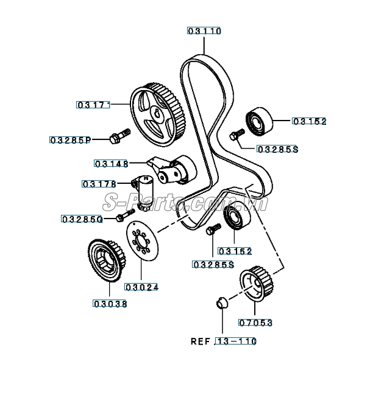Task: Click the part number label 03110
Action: (x=204, y=30)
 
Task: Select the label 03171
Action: (x=93, y=105)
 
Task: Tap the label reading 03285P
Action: (x=69, y=140)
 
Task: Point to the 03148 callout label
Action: (x=111, y=163)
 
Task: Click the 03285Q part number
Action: (x=81, y=219)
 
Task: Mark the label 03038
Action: (x=110, y=303)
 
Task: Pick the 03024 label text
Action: (x=142, y=286)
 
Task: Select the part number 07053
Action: (x=255, y=323)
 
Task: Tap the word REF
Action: (x=200, y=342)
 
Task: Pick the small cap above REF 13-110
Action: (x=221, y=302)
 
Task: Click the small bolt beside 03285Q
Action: (x=126, y=215)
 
